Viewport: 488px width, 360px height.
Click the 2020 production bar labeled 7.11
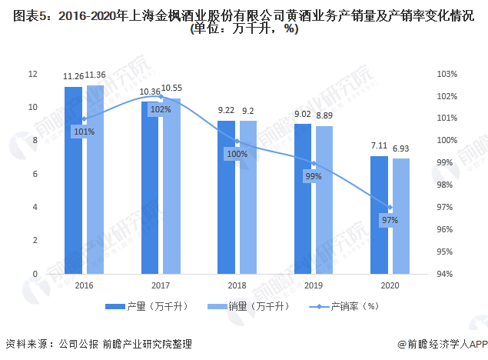(x=379, y=215)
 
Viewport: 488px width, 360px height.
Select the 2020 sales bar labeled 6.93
(x=401, y=216)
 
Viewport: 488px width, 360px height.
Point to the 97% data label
(x=390, y=220)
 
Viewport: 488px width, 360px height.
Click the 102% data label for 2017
(x=161, y=109)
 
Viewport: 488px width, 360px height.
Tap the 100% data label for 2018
(x=237, y=154)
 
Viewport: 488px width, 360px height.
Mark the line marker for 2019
(x=314, y=164)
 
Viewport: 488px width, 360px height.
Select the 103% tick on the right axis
(x=447, y=74)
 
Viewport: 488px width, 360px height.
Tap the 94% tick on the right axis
(x=447, y=274)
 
